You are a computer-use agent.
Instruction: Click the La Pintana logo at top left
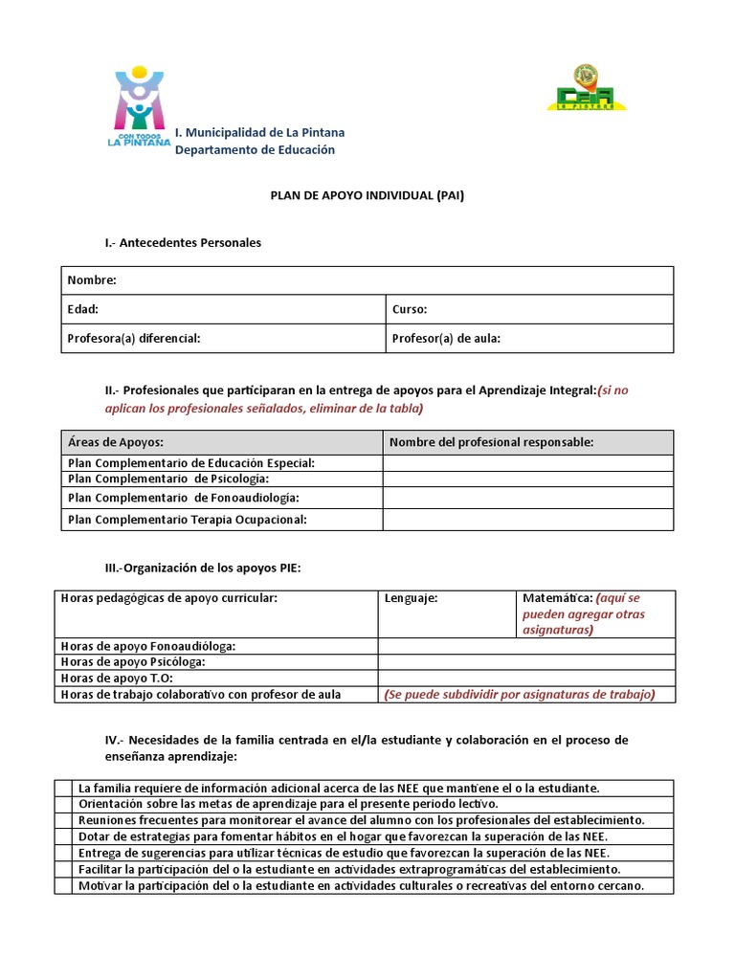142,107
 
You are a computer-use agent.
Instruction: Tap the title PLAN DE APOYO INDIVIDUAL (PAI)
367,194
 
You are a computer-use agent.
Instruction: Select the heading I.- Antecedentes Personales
183,243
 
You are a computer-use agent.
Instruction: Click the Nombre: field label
92,280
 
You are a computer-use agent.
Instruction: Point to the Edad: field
83,309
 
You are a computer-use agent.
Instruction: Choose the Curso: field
410,309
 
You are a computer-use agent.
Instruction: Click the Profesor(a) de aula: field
446,338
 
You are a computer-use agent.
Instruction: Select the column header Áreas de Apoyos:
116,442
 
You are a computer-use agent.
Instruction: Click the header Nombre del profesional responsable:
492,442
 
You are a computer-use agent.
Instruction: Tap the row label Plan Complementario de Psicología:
168,479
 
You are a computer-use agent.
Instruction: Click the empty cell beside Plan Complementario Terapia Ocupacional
527,519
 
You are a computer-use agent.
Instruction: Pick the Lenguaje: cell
412,598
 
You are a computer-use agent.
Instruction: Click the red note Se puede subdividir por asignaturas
520,694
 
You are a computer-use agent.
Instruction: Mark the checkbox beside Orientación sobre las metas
63,804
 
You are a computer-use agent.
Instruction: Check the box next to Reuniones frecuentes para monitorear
63,820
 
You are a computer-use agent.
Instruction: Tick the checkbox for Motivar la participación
63,885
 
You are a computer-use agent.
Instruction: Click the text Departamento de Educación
255,150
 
